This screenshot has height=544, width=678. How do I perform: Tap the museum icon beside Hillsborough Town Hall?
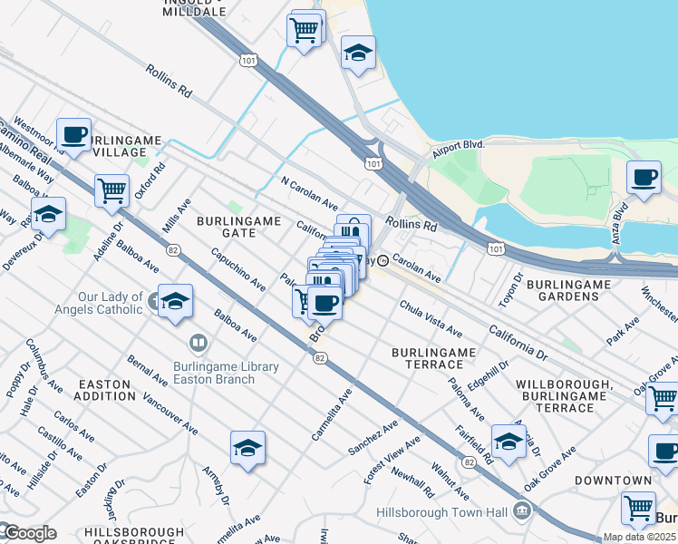(x=521, y=511)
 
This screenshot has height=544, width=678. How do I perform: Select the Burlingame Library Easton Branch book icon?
(x=199, y=344)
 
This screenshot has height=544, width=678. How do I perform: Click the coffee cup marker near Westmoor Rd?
(x=74, y=134)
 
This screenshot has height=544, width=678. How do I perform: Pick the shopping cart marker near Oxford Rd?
(x=111, y=190)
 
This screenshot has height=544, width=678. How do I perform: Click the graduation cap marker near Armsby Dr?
(x=247, y=448)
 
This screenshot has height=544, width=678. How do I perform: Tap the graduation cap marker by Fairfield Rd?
(x=508, y=442)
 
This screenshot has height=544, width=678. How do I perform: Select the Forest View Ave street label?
(x=392, y=461)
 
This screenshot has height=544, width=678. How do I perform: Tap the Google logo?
(x=29, y=533)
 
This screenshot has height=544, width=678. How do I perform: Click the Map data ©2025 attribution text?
(x=639, y=537)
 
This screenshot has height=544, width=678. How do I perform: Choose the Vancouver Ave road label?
(x=169, y=413)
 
